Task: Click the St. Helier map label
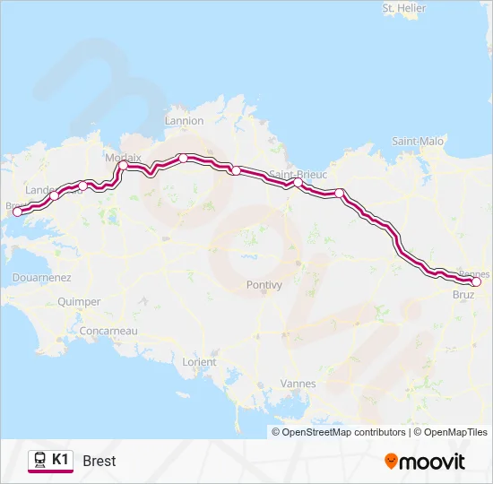pos(402,8)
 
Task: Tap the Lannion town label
pos(185,121)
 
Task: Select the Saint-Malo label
pos(418,141)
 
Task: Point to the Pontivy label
pos(264,285)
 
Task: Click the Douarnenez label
pos(41,278)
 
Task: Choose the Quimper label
pos(79,302)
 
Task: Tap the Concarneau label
pos(108,331)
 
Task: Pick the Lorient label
pos(199,362)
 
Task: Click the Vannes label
pos(298,384)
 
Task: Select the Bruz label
pos(463,294)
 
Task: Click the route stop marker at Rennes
pos(476,281)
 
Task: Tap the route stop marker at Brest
pos(17,212)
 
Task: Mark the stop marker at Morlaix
pos(123,165)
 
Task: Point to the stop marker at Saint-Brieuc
pos(298,182)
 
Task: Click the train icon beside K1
pos(39,460)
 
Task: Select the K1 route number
pos(60,460)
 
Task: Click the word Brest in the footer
pos(99,462)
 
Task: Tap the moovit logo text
pos(433,462)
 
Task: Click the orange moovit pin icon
pos(391,462)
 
